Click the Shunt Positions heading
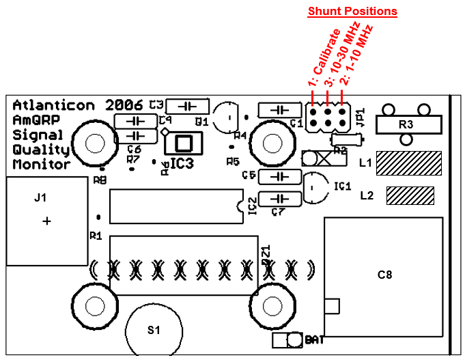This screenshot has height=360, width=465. (x=352, y=12)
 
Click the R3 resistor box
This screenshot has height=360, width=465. (x=406, y=125)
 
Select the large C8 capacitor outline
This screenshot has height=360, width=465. (x=385, y=276)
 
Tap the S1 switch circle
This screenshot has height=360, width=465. (x=154, y=330)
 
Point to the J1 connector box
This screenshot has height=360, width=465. (x=45, y=221)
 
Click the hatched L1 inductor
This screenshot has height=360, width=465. (x=409, y=163)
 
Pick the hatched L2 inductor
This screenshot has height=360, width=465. (x=410, y=196)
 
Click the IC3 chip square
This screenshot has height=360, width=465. (x=183, y=143)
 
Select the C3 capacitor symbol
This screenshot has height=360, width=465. (x=187, y=106)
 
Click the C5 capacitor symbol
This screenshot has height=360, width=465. (x=279, y=176)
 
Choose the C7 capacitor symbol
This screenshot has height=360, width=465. (x=279, y=198)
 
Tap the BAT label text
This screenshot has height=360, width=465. (x=315, y=340)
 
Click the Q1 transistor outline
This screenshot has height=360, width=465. (x=225, y=116)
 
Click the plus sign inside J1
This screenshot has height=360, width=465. (x=46, y=221)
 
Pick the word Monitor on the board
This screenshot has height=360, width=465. (x=41, y=165)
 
